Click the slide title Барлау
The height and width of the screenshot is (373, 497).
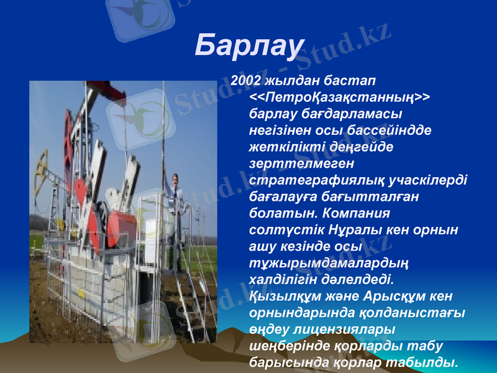pyautogui.click(x=249, y=45)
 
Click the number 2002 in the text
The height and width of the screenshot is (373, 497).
pyautogui.click(x=245, y=82)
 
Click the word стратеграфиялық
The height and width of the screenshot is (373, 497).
pyautogui.click(x=314, y=180)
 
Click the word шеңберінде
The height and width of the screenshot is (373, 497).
pyautogui.click(x=286, y=344)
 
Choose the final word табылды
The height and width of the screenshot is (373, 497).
pyautogui.click(x=427, y=361)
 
